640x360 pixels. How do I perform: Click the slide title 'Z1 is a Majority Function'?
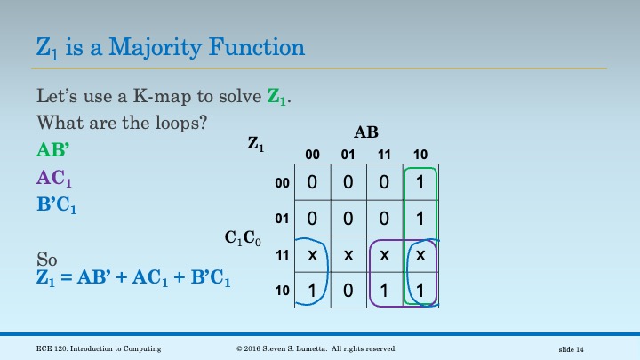point(171,46)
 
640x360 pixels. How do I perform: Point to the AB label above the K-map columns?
point(365,133)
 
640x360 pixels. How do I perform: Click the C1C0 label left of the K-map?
point(243,237)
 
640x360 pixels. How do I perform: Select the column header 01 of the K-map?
point(348,154)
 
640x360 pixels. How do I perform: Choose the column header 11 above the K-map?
point(385,154)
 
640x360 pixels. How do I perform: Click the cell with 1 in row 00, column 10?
point(421,183)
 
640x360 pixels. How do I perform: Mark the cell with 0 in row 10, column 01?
point(348,291)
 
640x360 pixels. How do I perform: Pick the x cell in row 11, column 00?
point(312,255)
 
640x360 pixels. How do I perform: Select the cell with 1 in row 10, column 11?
point(385,291)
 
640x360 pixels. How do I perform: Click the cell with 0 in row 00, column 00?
point(312,183)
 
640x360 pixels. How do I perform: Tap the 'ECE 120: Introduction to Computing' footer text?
point(87,348)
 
